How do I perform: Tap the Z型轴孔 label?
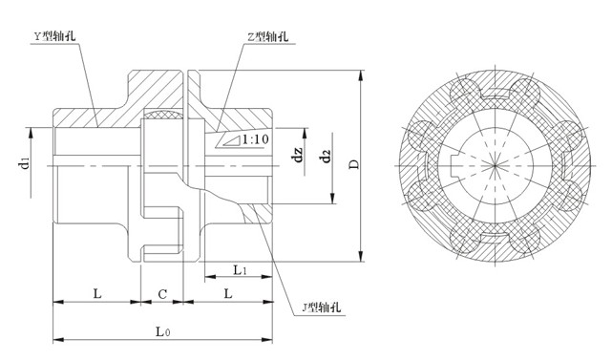tap(266, 37)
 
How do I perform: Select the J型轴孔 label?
tap(321, 307)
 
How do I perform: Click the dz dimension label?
tap(299, 152)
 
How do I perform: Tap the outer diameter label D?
tap(354, 163)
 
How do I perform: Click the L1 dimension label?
tap(240, 271)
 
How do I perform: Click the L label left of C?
tap(96, 295)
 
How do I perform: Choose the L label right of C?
tap(227, 295)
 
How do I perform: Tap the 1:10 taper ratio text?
tap(254, 140)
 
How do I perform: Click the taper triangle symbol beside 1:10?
tap(228, 141)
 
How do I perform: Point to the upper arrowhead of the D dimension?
tap(362, 74)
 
